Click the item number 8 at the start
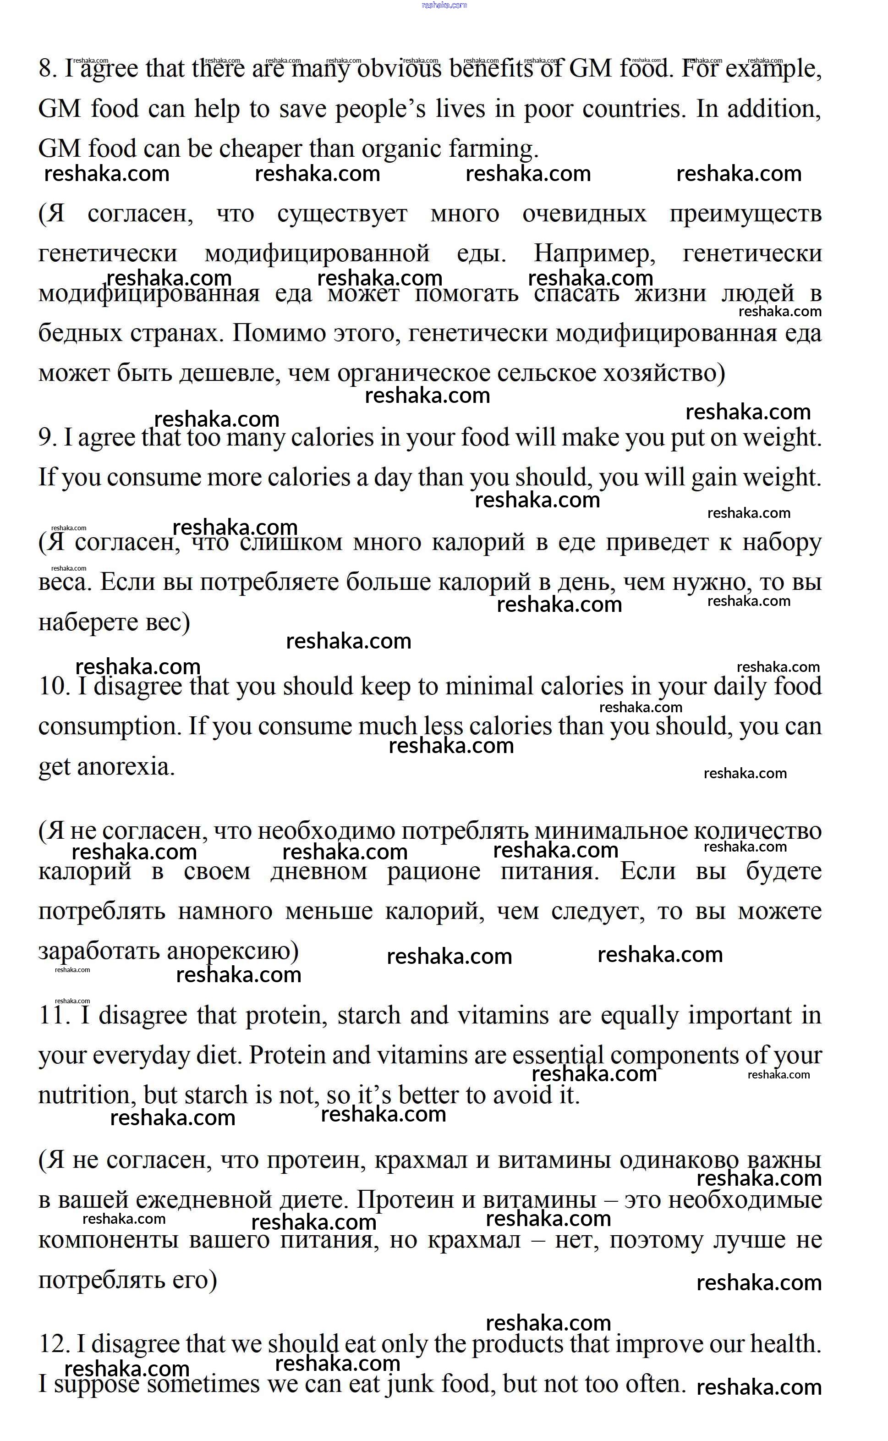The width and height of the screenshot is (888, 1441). click(47, 69)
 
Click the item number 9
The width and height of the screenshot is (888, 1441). click(47, 438)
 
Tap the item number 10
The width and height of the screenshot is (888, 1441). click(54, 686)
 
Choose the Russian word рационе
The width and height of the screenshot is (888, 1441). click(433, 871)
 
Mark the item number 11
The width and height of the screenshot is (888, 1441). click(54, 1016)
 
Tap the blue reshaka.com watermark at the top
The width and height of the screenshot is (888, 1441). click(444, 5)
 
